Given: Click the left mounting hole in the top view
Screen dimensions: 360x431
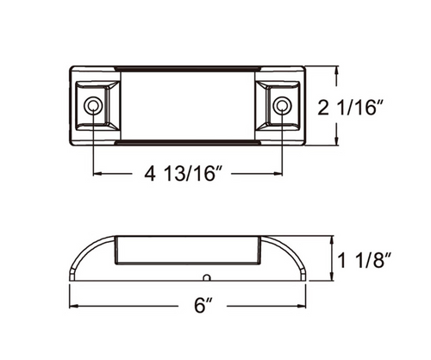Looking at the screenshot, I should (92, 108).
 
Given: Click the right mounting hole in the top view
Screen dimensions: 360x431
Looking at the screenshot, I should (282, 108).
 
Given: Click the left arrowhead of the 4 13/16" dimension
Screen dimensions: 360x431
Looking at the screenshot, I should (96, 175).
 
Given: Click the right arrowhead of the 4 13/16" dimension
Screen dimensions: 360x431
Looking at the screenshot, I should (278, 175).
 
